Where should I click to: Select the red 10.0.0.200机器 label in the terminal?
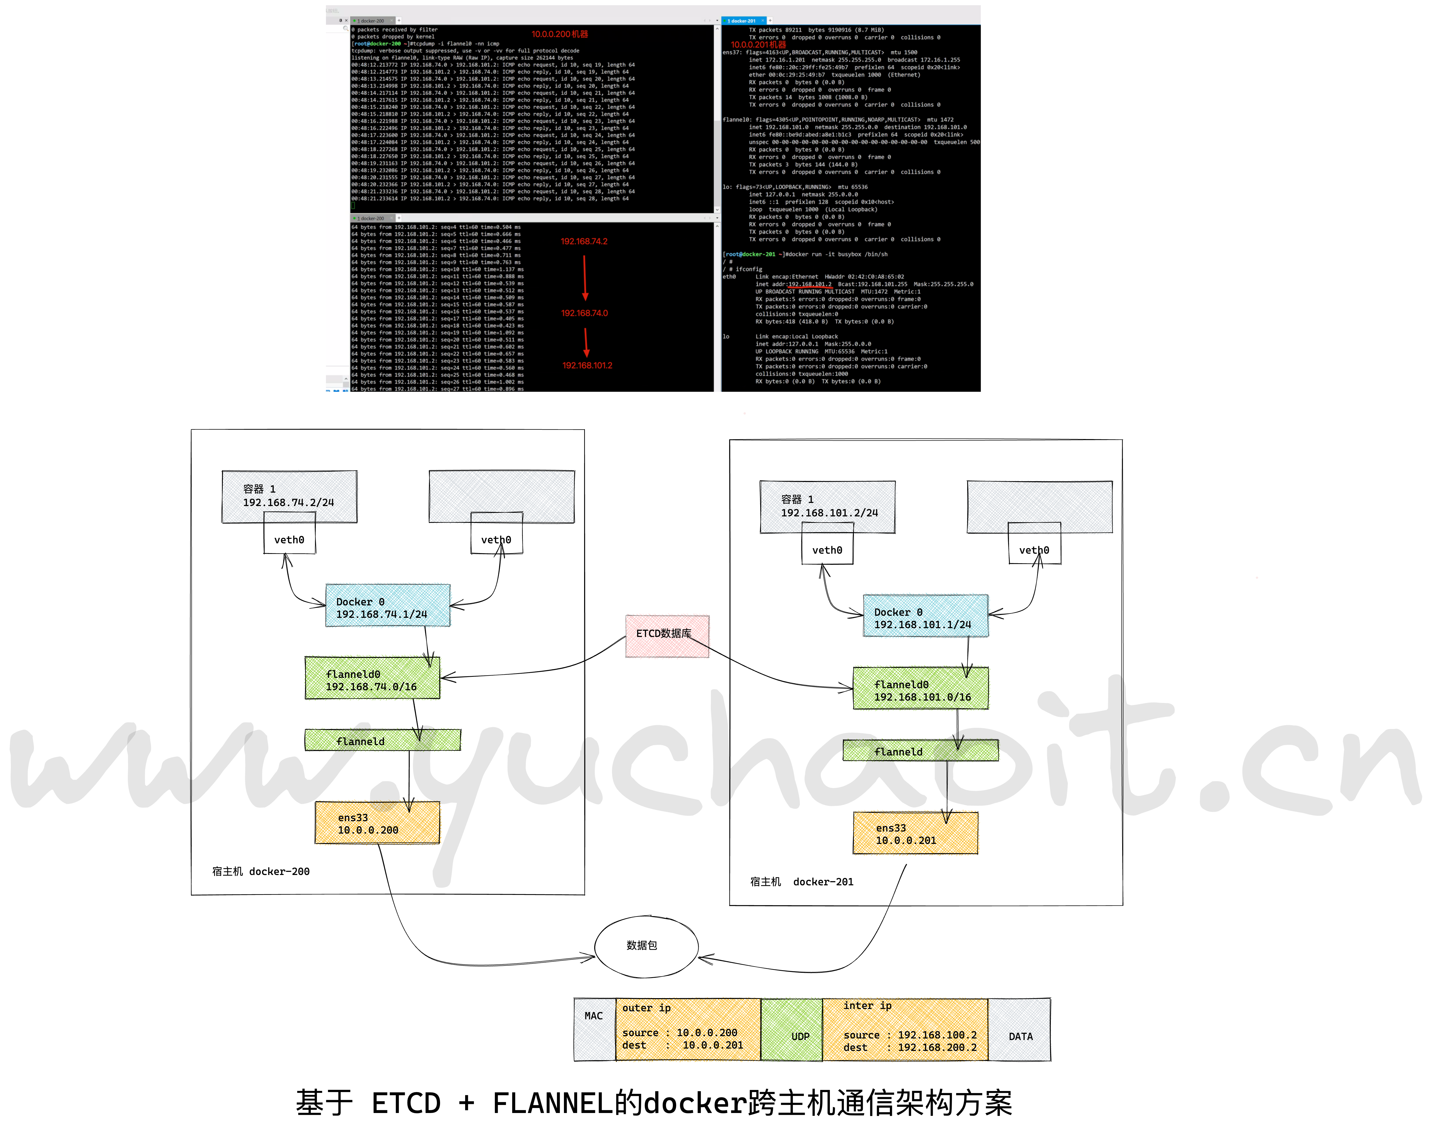[559, 34]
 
